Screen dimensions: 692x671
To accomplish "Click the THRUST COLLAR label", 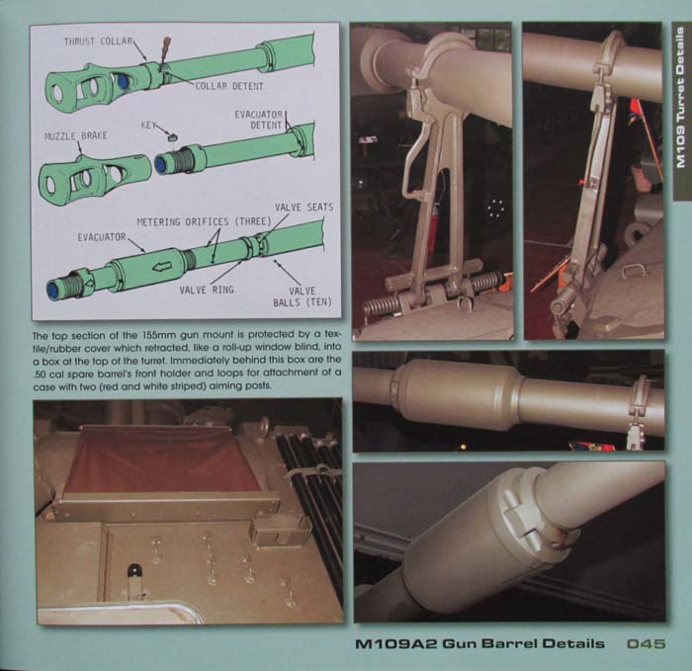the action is pos(98,42).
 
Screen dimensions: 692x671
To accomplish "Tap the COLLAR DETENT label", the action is pos(229,86).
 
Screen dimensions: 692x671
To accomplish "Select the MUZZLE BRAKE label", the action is pos(76,135).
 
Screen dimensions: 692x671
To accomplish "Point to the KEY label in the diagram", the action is pos(148,126).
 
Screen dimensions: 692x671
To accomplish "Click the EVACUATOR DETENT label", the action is pos(259,120).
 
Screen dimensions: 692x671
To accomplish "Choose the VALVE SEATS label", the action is pos(304,208).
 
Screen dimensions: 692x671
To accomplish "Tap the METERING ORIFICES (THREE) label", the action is pos(204,221).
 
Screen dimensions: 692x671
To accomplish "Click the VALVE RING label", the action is pos(207,290).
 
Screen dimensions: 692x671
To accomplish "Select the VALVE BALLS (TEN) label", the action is pos(303,296).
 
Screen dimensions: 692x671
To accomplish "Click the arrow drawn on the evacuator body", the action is pos(161,267).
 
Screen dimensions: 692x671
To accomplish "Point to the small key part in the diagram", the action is pos(173,137).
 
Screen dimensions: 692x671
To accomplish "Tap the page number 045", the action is pos(646,643).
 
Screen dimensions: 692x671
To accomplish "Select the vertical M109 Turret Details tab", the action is pos(681,97).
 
